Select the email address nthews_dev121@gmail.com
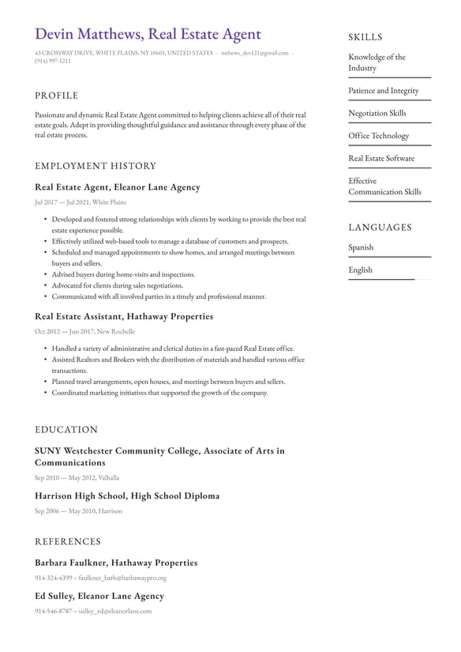pos(254,53)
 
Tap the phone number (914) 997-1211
pos(53,61)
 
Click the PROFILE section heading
pos(56,96)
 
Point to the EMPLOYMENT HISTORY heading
pos(96,166)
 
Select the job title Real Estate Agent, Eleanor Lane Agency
pos(118,187)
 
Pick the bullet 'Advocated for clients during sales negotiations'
pos(118,285)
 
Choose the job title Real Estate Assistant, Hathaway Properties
pos(124,316)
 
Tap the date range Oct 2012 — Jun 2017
pos(62,332)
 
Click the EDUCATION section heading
pos(66,430)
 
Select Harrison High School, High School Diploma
pos(127,496)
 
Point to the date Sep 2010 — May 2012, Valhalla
pos(77,478)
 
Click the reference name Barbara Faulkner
pos(70,563)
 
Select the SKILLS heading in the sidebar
pos(365,37)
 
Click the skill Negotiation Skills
pos(377,113)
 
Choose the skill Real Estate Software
pos(381,158)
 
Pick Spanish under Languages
pos(361,247)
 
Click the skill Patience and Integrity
pos(384,91)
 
